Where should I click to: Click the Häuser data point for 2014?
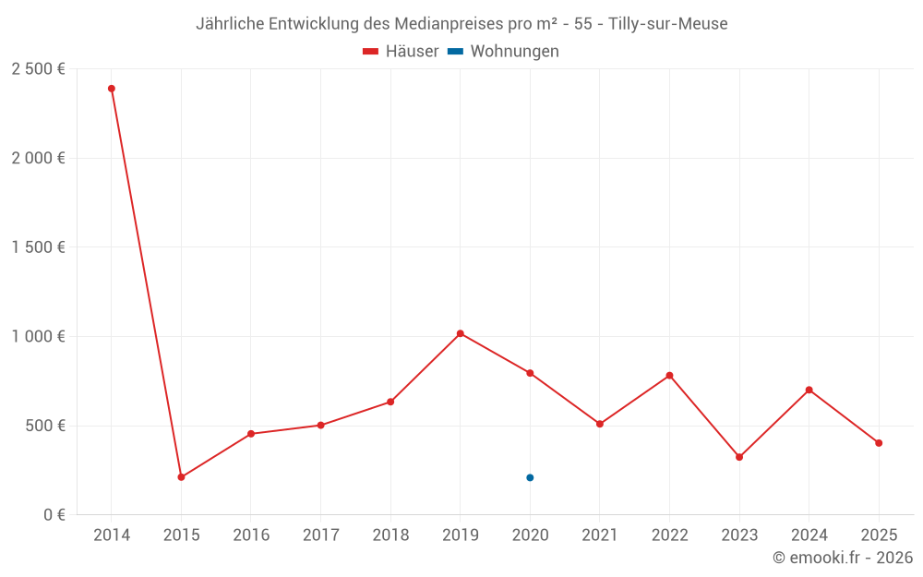coord(112,89)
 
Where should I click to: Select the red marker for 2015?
coord(181,477)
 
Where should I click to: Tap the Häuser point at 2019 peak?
coord(460,333)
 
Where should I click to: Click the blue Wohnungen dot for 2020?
coord(530,477)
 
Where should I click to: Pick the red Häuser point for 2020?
coord(530,373)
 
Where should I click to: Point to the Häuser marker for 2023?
coord(739,457)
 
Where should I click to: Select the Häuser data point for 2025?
coord(879,443)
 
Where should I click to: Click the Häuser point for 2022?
coord(669,376)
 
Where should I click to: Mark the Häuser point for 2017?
coord(320,426)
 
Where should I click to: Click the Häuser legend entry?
coord(401,52)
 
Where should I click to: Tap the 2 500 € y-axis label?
coord(38,69)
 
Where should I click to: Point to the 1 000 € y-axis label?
coord(38,337)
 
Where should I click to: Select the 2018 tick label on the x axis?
coord(390,535)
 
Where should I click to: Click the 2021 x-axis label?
coord(600,535)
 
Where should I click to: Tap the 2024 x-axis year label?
coord(809,535)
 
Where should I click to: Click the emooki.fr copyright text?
coord(843,558)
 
